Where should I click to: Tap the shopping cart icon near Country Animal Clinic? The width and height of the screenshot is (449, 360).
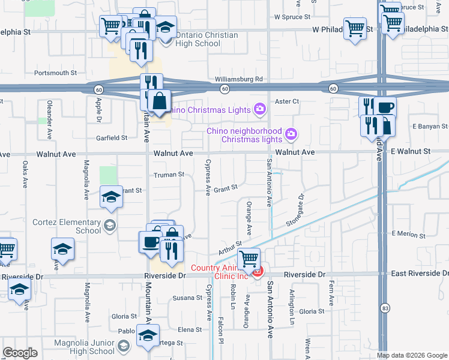tap(249, 259)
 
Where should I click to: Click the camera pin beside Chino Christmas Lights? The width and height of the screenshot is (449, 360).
tap(259, 109)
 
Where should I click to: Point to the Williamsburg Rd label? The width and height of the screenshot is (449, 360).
tap(239, 79)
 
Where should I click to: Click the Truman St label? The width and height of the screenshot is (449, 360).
tap(169, 175)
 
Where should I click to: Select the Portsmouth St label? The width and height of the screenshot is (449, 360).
tap(56, 73)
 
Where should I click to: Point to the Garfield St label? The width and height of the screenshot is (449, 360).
tap(112, 137)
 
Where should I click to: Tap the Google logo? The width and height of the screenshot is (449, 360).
tap(20, 353)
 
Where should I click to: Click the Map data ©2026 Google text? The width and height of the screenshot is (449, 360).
tap(412, 355)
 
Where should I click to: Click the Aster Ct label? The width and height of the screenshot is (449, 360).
tap(286, 101)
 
